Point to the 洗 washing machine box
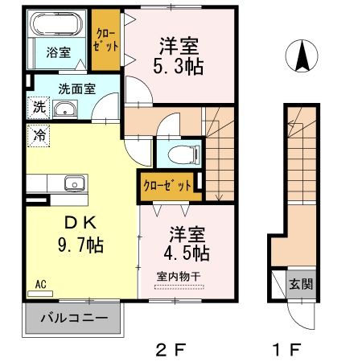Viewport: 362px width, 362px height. (39, 106)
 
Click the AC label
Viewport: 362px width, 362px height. (40, 284)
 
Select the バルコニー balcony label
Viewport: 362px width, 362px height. (75, 319)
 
